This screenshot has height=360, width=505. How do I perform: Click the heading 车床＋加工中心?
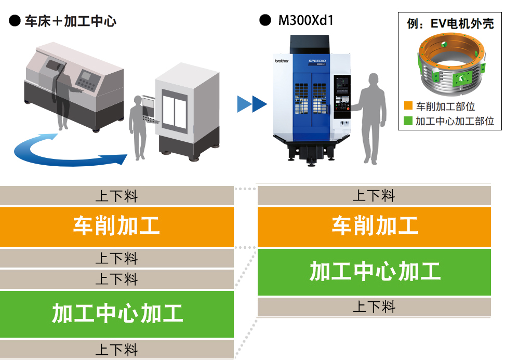70,21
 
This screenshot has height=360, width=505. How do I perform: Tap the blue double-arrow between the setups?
251,104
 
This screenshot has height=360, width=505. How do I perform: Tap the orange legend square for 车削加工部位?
408,106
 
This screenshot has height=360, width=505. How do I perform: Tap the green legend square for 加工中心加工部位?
408,122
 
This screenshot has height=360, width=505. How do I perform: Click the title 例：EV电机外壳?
450,23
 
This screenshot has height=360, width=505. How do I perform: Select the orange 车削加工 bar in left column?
116,227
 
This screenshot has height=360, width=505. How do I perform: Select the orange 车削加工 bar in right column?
374,227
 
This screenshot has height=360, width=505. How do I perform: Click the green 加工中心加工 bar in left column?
116,314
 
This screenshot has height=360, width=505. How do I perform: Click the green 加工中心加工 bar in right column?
374,272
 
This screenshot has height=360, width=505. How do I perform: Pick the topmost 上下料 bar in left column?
116,196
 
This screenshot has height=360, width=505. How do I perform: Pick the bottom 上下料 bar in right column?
374,307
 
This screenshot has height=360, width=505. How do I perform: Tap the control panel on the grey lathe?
86,80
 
